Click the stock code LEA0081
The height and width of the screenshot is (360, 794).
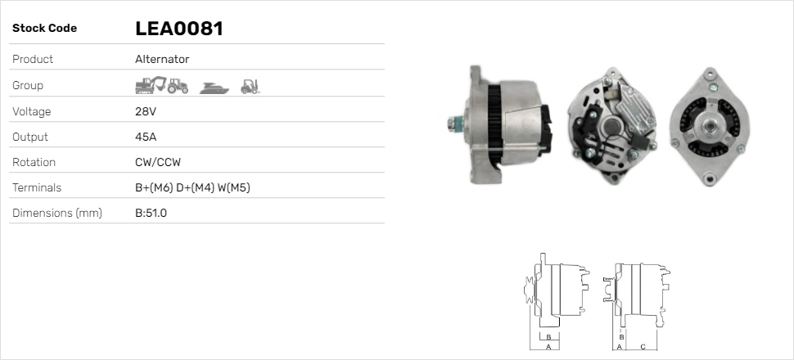(x=179, y=29)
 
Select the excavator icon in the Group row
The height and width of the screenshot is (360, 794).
(x=151, y=85)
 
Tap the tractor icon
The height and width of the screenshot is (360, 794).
(x=178, y=86)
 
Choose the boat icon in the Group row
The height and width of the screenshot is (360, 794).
(x=214, y=88)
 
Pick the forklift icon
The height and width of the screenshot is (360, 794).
(x=250, y=87)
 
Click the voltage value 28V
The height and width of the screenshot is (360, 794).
(x=146, y=111)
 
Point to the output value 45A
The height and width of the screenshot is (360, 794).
(x=146, y=137)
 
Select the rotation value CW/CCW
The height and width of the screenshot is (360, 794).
(x=158, y=162)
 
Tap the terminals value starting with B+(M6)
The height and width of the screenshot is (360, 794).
(x=192, y=188)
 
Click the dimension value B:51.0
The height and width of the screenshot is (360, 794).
(x=151, y=214)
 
